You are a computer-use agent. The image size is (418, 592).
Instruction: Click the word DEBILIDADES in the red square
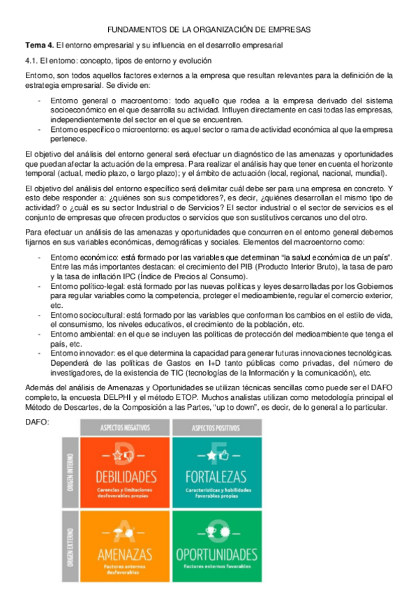(x=126, y=477)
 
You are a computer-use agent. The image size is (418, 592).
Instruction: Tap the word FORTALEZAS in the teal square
(x=217, y=477)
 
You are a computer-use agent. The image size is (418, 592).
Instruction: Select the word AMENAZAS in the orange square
(x=126, y=554)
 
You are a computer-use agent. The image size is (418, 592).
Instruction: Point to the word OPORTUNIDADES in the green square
(x=217, y=554)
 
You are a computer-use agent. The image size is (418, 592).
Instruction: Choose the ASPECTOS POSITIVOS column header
(x=217, y=426)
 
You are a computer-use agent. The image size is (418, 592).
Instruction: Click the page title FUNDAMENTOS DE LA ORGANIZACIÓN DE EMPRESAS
(x=209, y=29)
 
